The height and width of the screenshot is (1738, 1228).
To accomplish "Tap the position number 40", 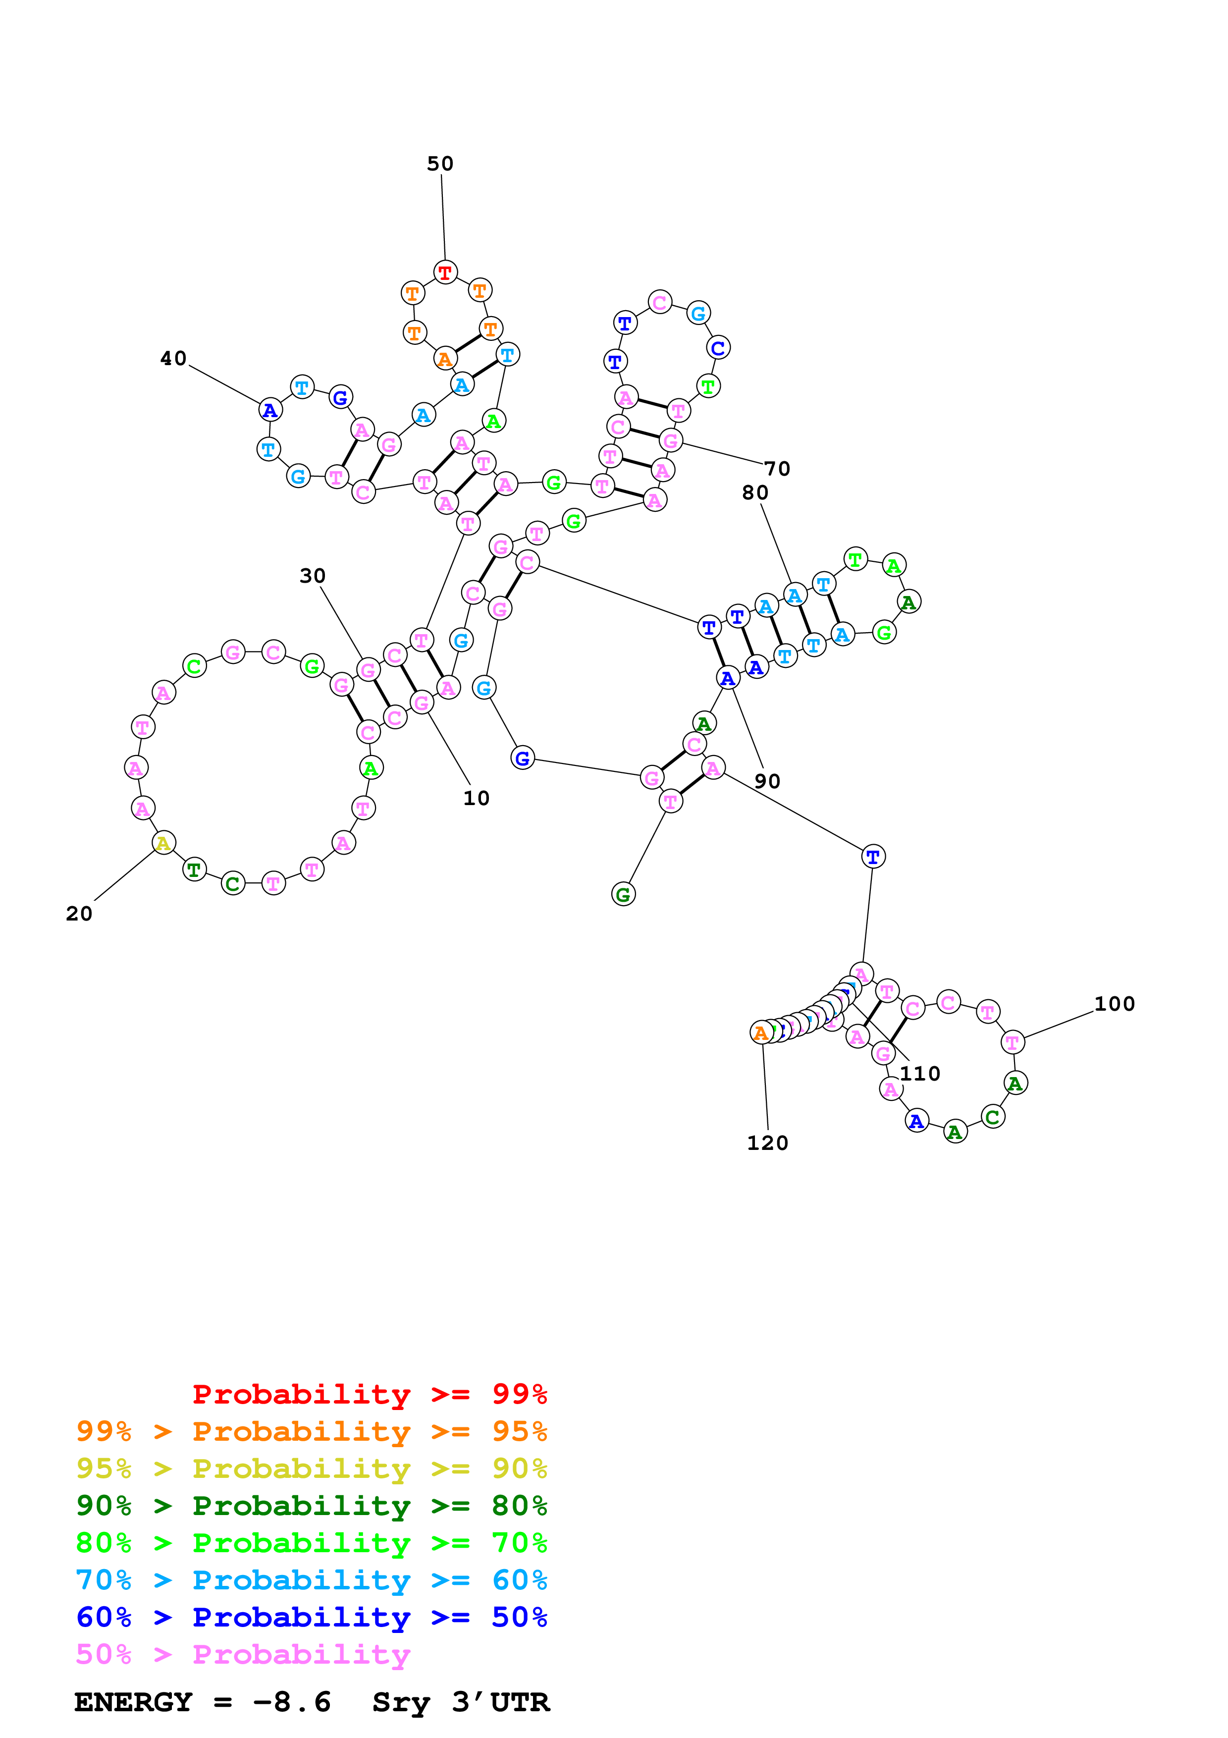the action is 173,358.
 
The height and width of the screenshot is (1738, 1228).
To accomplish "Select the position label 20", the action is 79,914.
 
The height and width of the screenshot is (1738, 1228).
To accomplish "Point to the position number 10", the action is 476,798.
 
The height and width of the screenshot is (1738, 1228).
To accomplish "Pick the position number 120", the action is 767,1143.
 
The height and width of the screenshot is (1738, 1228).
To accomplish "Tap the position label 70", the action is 777,469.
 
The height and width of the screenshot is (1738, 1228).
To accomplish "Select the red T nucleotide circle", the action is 446,272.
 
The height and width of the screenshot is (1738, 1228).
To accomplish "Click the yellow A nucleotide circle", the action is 163,843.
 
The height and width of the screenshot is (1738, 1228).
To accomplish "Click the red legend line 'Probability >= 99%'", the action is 369,1394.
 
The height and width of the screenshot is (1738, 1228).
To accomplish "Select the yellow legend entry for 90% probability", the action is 311,1468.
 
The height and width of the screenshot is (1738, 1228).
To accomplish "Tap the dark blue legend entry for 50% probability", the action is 311,1617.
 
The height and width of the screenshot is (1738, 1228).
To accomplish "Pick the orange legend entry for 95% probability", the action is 311,1431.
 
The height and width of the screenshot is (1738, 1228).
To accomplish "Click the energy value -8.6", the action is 292,1702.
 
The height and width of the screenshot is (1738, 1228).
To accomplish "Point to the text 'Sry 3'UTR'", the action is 461,1702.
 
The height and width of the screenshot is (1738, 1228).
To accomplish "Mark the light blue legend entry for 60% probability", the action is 311,1580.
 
